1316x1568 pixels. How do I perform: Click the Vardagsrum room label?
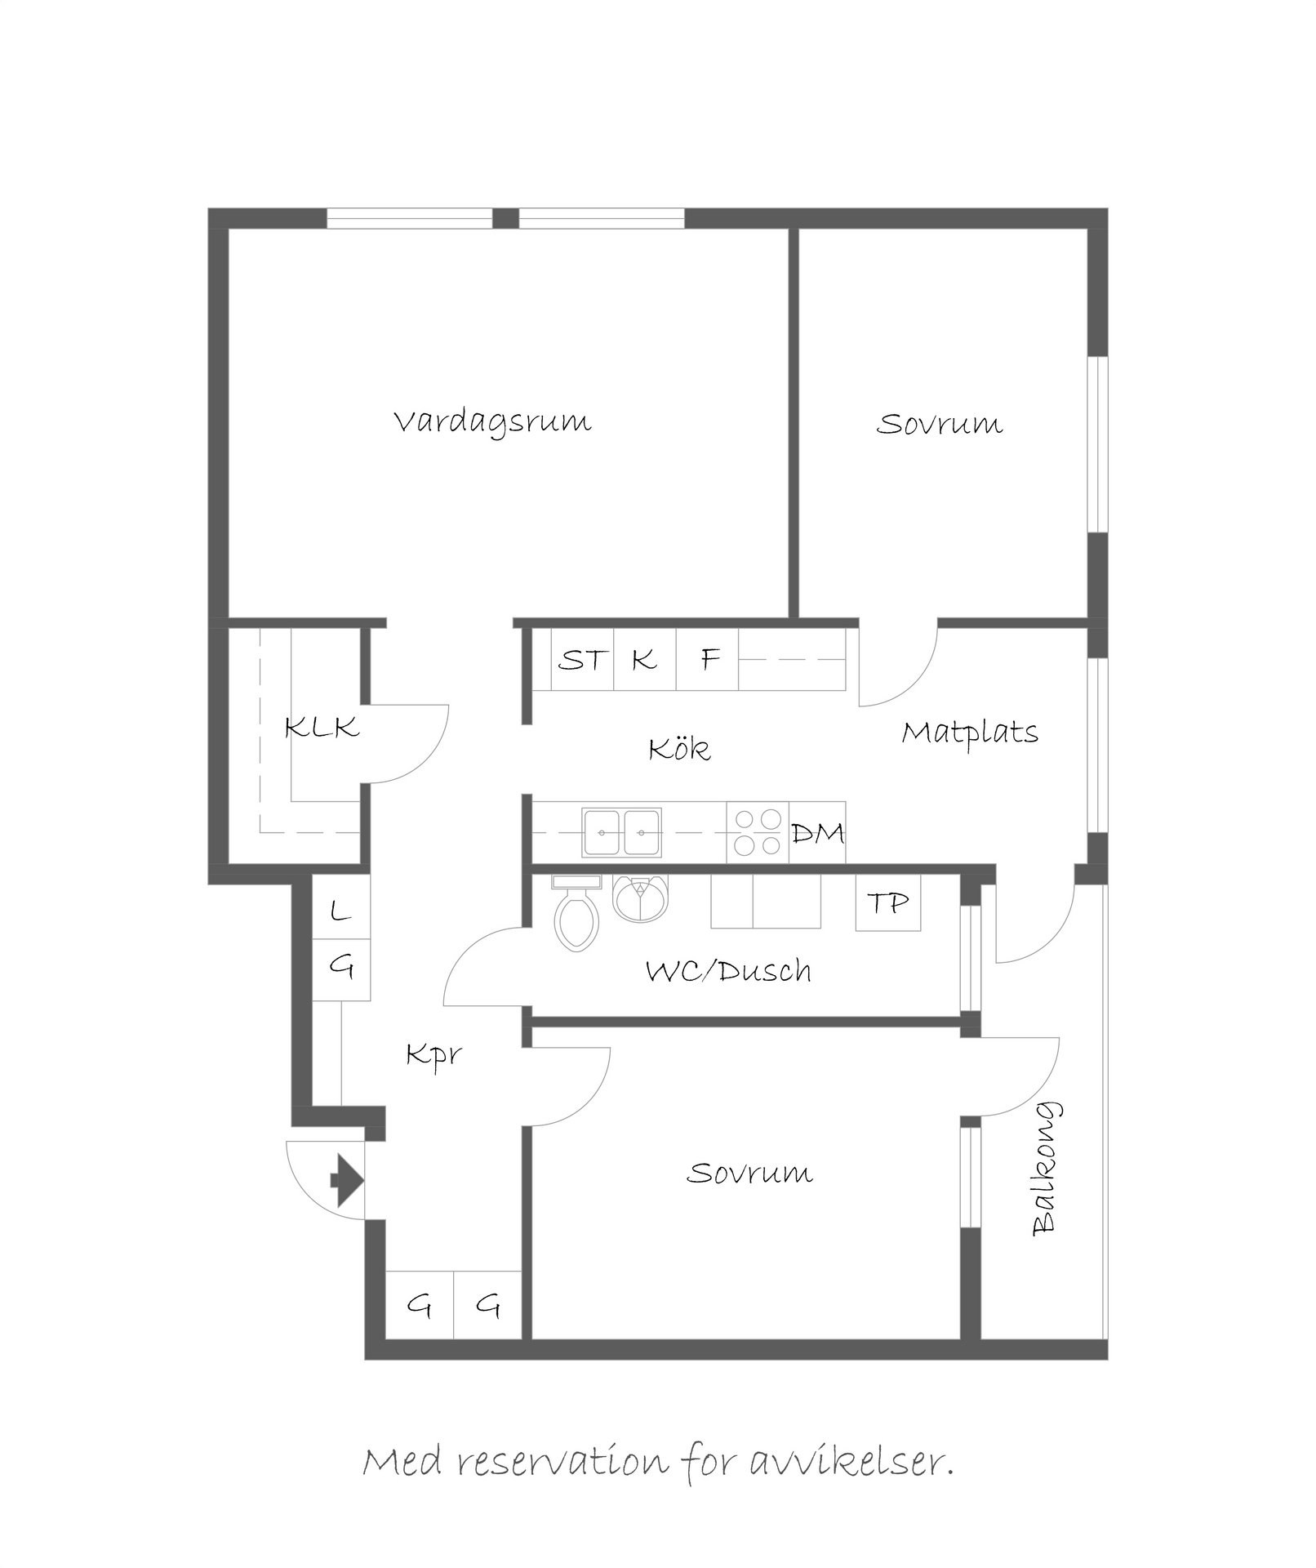tap(492, 423)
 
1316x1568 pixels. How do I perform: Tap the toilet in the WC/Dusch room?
tap(576, 912)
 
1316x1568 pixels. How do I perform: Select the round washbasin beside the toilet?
tap(640, 898)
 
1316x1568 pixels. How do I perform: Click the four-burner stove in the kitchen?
tap(758, 832)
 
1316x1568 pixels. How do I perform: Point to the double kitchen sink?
tap(621, 832)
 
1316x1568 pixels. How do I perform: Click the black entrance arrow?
tap(347, 1180)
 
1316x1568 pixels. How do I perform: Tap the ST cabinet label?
tap(583, 659)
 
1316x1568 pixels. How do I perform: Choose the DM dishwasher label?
tap(818, 833)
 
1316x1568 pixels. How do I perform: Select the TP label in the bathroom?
tap(887, 903)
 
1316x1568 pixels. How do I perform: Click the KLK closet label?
tap(322, 727)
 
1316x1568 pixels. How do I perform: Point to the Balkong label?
tap(1046, 1168)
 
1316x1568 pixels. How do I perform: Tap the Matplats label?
tap(970, 732)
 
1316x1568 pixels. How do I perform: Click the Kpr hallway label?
tap(434, 1055)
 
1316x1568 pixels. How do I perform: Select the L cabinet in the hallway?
tap(341, 906)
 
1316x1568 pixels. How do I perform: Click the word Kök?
tap(679, 748)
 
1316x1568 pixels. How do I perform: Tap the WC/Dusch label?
tap(728, 971)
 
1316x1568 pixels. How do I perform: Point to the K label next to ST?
tap(644, 659)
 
